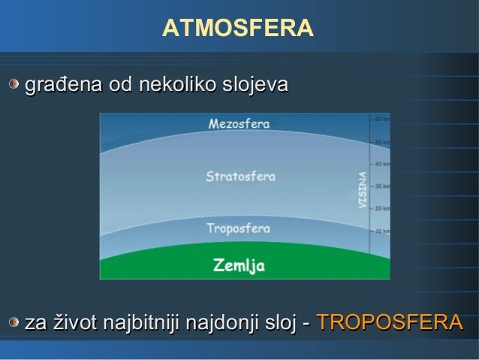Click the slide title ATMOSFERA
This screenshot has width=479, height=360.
tap(237, 29)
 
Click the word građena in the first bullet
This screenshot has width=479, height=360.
tap(64, 86)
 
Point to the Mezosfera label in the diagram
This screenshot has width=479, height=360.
tap(239, 123)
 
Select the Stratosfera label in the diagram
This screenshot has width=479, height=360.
tap(240, 177)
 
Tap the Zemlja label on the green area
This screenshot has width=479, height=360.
tap(239, 265)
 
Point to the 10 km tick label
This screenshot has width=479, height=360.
tap(381, 230)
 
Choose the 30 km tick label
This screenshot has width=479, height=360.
tap(381, 186)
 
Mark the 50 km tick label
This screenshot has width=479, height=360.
tap(381, 141)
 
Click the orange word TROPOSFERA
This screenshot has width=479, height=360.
tap(390, 323)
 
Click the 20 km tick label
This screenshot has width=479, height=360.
tap(381, 208)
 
